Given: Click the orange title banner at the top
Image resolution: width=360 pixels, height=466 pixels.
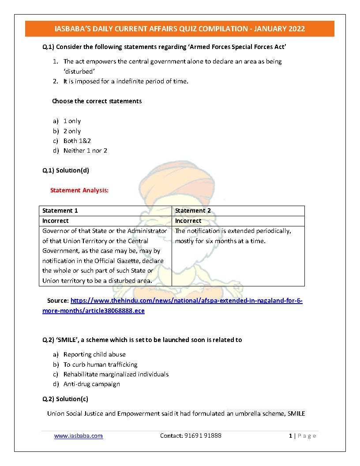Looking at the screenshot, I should coord(180,29).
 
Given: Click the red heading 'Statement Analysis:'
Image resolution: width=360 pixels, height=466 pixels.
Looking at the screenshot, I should coord(79,191).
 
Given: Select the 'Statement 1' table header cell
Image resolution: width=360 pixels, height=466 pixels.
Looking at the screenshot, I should coord(60,210).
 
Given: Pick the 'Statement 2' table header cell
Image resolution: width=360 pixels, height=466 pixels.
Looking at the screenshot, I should coord(193,210).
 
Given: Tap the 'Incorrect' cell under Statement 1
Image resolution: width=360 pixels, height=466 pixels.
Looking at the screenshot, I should coord(56,221).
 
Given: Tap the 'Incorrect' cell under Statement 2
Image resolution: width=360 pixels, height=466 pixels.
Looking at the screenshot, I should coord(188,221).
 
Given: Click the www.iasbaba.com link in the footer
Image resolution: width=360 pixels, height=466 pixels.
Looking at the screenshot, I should coord(79,436).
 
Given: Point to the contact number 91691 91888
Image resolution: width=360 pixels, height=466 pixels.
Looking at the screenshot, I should coord(191,436).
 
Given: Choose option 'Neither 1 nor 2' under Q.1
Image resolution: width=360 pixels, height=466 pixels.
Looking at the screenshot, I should coord(85,150).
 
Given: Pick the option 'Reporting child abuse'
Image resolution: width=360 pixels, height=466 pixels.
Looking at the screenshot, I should coord(94,354).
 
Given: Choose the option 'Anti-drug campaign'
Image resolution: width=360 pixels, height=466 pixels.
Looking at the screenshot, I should coord(91,384).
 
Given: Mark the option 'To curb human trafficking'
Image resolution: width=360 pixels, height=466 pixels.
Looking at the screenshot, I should coord(100,365).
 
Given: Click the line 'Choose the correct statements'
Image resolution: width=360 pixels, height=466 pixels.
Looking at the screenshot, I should coord(97,101).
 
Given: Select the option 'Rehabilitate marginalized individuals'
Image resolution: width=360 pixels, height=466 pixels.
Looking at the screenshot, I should coord(116,374).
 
